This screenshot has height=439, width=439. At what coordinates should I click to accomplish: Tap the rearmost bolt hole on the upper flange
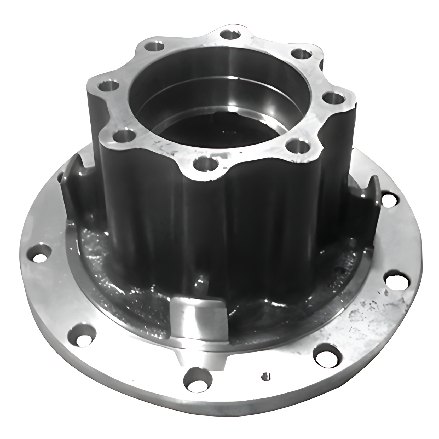click(230, 35)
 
